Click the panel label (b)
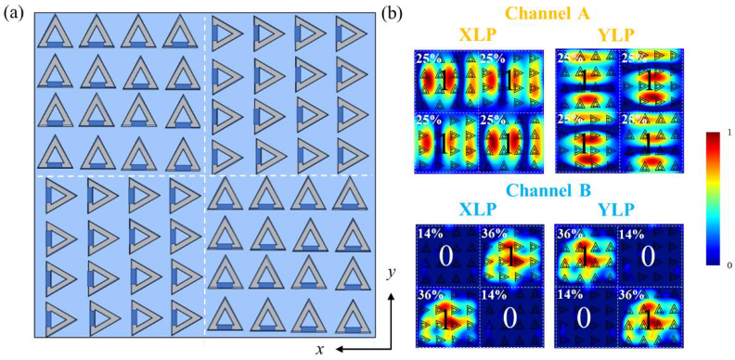(393, 15)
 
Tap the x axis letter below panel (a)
(319, 349)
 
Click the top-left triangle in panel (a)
(55, 33)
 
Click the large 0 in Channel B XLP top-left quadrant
(446, 257)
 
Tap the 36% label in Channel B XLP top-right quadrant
(494, 233)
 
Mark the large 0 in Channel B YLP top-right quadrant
(650, 257)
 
